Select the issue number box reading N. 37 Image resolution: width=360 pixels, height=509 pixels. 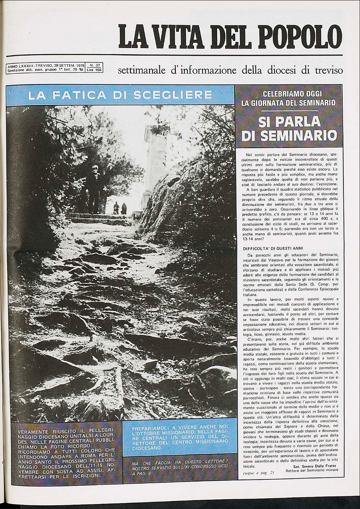[94, 65]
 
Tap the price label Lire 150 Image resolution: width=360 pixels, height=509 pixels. [94, 70]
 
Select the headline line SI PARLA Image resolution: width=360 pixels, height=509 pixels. [289, 123]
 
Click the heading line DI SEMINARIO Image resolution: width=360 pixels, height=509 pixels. [289, 136]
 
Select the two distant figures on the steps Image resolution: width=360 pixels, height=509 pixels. [120, 208]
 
